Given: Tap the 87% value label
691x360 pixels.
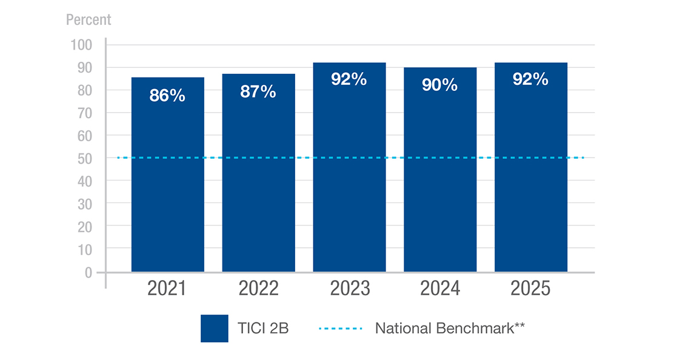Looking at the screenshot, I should point(258,92).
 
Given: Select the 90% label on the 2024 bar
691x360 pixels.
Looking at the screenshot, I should point(440,85).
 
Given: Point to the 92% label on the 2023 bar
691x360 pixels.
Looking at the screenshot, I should point(349,79).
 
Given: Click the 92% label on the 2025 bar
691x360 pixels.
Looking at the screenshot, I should point(530,79).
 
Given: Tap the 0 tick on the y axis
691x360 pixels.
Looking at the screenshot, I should point(88,273).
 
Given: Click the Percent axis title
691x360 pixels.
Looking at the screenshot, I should point(88,19).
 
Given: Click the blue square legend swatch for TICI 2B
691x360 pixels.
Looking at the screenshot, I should point(215,328).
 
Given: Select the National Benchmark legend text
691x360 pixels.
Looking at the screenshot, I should point(449,328).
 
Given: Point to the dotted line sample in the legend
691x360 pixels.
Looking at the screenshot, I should point(340,328).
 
